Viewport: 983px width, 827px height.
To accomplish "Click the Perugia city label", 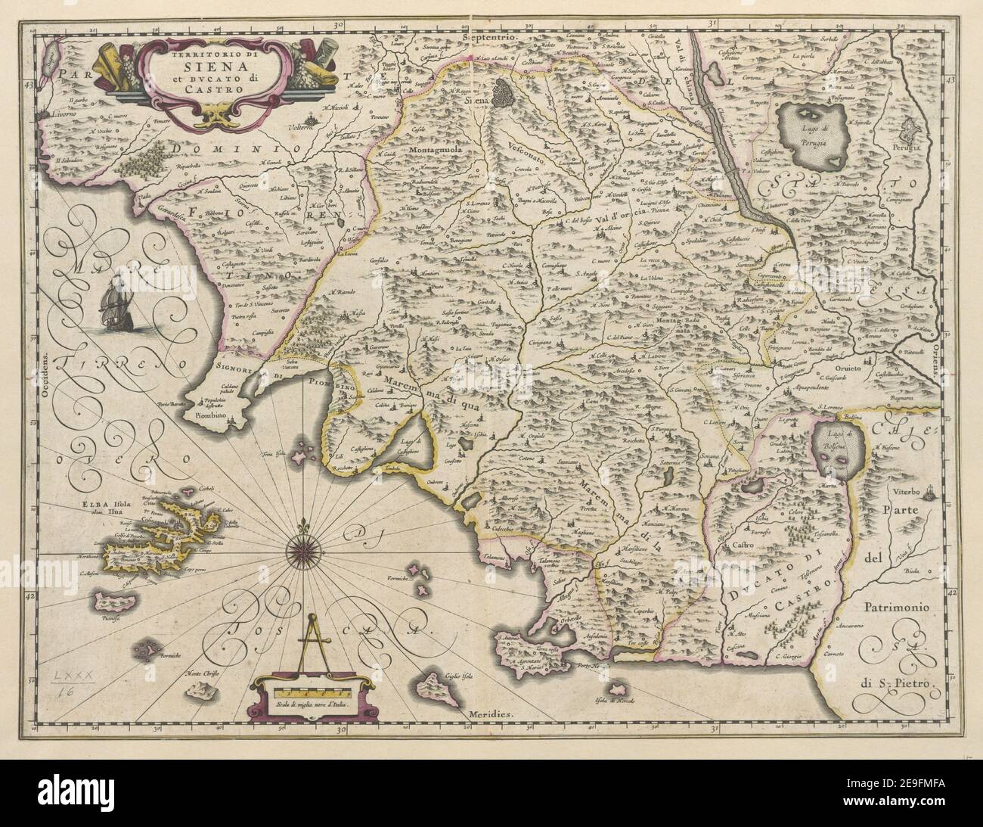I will pyautogui.click(x=930, y=149).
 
